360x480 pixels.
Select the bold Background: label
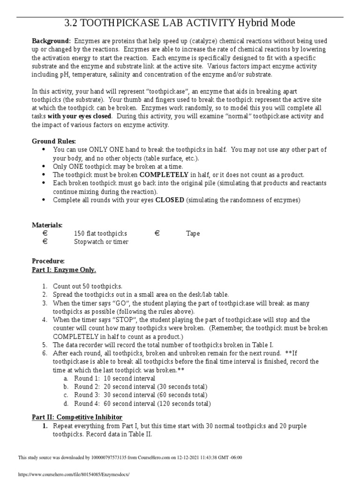51,41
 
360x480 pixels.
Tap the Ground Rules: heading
53,141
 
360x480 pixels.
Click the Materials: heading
47,225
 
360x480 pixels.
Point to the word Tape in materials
193,233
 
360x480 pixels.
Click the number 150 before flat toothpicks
79,233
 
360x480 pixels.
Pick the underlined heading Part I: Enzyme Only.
64,270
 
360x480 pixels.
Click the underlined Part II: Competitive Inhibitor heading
77,417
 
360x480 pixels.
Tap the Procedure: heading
48,261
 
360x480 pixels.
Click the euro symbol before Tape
157,233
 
